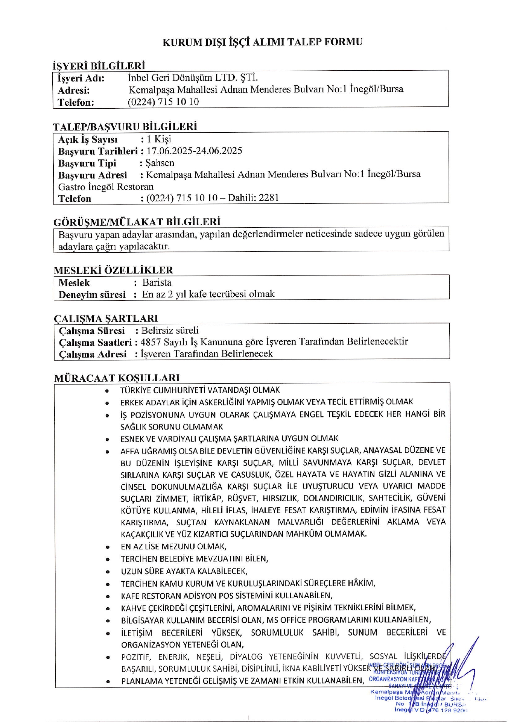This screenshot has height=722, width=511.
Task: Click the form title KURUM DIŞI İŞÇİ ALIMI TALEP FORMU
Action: tap(262, 42)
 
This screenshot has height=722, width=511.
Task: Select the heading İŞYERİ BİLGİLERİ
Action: tap(99, 66)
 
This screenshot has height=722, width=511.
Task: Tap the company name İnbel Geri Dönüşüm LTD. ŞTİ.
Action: tap(193, 78)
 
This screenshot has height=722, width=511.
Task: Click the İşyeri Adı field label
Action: tap(81, 79)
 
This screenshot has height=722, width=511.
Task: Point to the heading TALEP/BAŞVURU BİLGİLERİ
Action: tap(125, 126)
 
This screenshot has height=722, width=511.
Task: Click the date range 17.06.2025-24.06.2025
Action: tap(194, 151)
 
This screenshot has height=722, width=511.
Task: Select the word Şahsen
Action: tap(160, 163)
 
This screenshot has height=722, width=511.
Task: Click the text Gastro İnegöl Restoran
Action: tap(106, 187)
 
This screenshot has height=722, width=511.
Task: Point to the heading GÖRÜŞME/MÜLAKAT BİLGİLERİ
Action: tap(137, 221)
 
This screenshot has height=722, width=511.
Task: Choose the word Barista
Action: tap(157, 282)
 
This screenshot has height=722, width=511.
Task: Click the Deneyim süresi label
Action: tap(92, 294)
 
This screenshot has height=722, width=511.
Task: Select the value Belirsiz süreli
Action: tap(170, 331)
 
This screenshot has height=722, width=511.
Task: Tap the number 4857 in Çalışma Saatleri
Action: tap(150, 342)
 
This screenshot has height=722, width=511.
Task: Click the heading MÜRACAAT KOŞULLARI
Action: tap(117, 378)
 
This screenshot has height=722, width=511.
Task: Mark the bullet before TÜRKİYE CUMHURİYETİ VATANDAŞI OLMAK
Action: tap(107, 390)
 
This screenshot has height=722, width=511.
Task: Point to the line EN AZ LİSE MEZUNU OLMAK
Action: tap(173, 546)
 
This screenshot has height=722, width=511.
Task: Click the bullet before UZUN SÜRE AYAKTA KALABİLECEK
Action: tap(108, 572)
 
